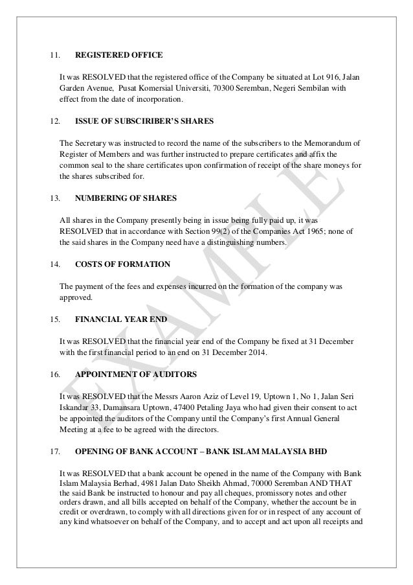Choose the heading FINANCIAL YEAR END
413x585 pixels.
click(120, 319)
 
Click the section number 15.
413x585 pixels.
click(55, 319)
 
